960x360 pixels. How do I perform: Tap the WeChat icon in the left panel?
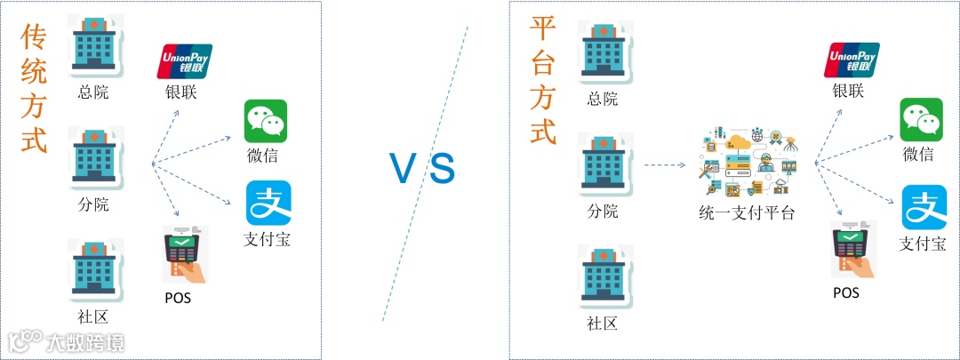click(x=266, y=120)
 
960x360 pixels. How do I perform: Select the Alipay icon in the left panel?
click(x=268, y=204)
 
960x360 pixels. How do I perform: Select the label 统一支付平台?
click(x=747, y=212)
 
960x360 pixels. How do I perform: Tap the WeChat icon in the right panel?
click(x=922, y=120)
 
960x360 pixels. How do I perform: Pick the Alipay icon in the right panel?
click(x=924, y=207)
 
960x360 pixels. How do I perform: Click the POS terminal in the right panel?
click(x=851, y=250)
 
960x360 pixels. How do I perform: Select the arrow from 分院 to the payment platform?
click(x=668, y=165)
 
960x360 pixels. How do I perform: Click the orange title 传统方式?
click(x=33, y=89)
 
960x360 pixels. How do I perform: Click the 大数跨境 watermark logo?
click(x=66, y=341)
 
